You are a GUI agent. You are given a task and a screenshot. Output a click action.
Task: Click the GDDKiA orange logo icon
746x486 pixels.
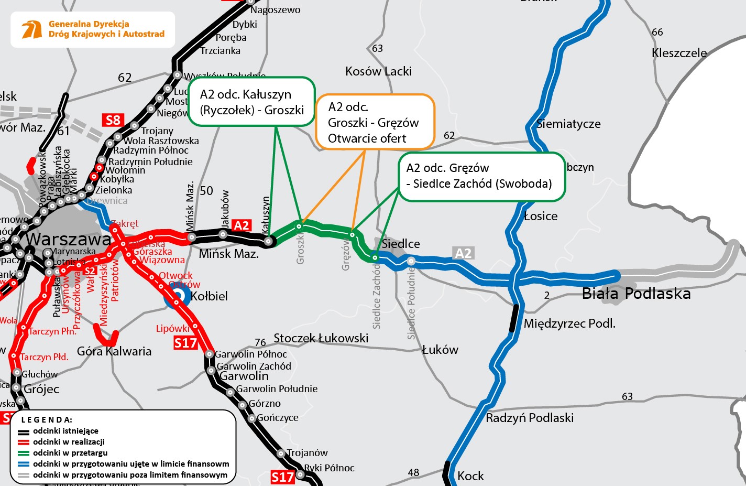click(32, 29)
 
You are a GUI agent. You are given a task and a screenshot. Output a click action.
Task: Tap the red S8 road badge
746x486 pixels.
click(113, 120)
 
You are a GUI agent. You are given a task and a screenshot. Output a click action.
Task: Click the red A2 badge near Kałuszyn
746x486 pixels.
click(241, 225)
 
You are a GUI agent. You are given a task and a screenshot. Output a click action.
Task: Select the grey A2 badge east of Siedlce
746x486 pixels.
click(463, 253)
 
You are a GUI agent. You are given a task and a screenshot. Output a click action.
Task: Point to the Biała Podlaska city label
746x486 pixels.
click(636, 294)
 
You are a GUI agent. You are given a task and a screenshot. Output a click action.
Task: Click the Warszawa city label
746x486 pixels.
click(69, 239)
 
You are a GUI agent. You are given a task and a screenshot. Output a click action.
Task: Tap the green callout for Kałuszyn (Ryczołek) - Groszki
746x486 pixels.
click(251, 102)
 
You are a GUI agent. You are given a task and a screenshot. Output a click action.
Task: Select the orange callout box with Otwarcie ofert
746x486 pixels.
click(375, 122)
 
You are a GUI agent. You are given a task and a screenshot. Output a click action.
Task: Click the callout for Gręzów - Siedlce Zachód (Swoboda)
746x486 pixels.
click(481, 176)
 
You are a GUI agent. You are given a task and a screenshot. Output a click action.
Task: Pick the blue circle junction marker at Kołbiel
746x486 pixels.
click(178, 296)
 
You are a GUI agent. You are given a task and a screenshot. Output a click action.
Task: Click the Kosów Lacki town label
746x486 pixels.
click(378, 71)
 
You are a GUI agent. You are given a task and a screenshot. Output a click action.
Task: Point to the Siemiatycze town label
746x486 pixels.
click(568, 124)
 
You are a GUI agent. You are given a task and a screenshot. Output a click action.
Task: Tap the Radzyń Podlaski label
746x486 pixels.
click(530, 418)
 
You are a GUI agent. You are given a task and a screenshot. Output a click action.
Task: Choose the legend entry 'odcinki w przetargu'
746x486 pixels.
click(70, 453)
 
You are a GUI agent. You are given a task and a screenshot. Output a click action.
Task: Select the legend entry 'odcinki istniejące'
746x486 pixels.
click(65, 431)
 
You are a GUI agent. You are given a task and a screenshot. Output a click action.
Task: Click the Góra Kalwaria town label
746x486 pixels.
click(114, 351)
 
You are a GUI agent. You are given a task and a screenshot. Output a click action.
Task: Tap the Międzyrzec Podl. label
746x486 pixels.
click(569, 323)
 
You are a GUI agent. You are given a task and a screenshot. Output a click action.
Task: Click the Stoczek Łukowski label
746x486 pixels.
click(321, 338)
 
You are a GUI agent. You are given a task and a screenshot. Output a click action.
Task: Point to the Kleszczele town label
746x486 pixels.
click(679, 53)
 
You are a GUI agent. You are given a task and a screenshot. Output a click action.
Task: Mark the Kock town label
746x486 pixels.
click(470, 476)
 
